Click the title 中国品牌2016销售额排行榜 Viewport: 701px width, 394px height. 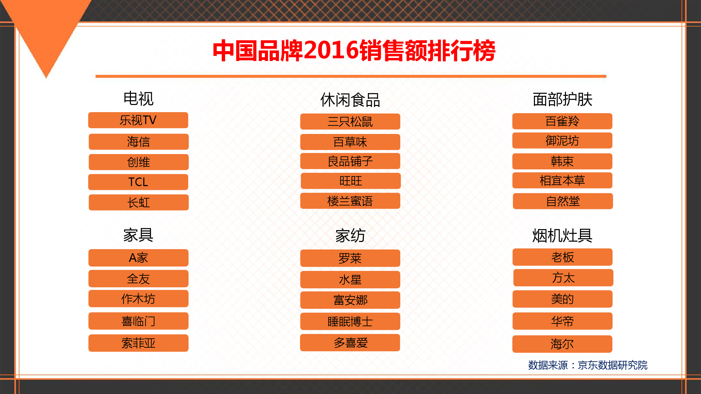[x=354, y=50]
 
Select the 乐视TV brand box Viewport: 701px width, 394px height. [x=138, y=120]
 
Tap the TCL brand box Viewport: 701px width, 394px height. [x=138, y=182]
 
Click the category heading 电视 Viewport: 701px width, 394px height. [x=138, y=98]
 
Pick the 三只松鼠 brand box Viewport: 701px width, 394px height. [x=350, y=122]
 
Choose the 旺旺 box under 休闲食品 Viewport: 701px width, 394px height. [x=350, y=181]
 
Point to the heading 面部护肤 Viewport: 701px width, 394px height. [x=563, y=99]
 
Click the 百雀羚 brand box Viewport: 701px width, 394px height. [x=562, y=121]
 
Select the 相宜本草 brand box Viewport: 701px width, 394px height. [x=562, y=180]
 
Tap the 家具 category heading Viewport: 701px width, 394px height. [x=138, y=235]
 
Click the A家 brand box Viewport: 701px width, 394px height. [x=138, y=258]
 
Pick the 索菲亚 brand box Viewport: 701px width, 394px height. [x=138, y=343]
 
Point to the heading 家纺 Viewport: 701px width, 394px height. [x=350, y=236]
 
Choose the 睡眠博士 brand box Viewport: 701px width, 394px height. [x=350, y=321]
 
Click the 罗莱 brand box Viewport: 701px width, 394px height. [x=350, y=258]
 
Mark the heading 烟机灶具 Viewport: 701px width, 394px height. [x=563, y=236]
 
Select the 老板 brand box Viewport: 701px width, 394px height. [x=563, y=257]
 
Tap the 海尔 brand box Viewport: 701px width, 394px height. [x=562, y=344]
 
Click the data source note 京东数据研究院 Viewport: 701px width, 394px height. [x=612, y=365]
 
